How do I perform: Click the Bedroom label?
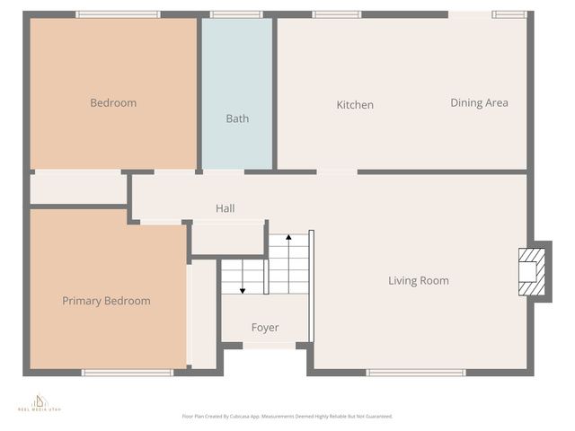113,103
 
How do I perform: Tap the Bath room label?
237,119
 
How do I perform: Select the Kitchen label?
355,105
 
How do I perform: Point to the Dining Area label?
479,103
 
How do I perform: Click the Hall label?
226,208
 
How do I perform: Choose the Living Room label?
418,281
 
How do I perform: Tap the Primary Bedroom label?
106,301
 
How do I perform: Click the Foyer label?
265,328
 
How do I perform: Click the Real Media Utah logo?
40,403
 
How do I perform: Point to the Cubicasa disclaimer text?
287,417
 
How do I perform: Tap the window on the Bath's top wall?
236,14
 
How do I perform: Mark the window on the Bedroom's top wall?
118,14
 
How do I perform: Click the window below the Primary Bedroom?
127,373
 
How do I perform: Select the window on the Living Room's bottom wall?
416,373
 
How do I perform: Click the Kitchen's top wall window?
337,14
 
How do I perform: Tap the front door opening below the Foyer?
269,346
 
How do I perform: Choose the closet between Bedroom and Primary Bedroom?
78,189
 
